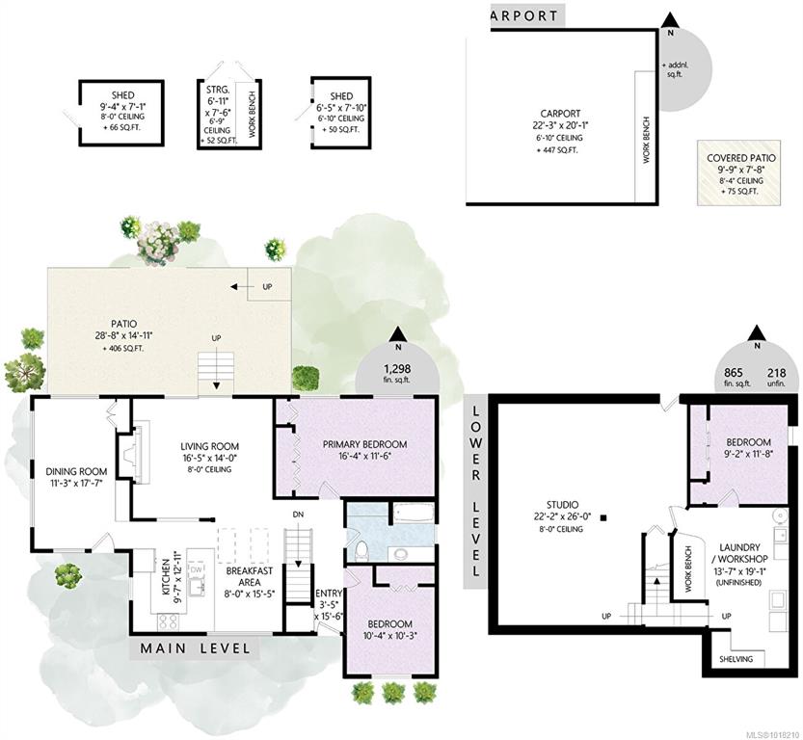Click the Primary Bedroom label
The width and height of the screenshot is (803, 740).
[364, 444]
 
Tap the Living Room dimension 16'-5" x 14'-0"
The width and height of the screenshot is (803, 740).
[209, 458]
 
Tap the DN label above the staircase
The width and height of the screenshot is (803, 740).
[298, 515]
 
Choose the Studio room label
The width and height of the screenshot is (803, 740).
[562, 505]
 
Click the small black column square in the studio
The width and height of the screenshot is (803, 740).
[604, 517]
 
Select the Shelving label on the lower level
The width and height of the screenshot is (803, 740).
[736, 659]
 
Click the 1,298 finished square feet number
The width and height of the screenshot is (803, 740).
[397, 368]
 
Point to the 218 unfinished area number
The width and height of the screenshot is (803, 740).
[776, 373]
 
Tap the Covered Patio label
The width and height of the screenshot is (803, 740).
[741, 158]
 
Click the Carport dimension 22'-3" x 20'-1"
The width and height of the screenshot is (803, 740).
[560, 125]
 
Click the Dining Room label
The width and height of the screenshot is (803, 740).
[76, 471]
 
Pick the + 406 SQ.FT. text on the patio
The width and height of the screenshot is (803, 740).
[123, 349]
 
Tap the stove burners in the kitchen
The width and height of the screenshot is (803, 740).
[169, 621]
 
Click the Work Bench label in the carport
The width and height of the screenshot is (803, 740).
[646, 141]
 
